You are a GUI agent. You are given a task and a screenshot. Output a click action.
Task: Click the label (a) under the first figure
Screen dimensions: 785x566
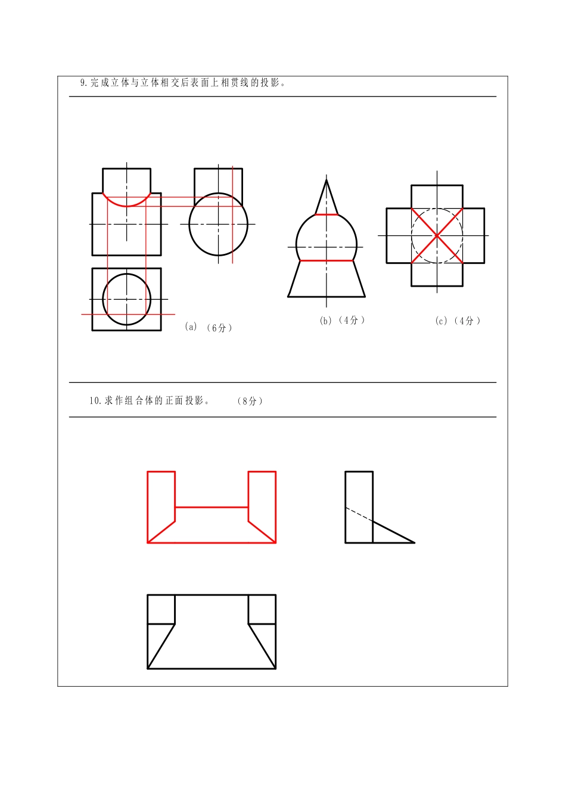pyautogui.click(x=191, y=327)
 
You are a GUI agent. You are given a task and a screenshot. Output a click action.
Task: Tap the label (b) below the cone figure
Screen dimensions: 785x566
pyautogui.click(x=325, y=321)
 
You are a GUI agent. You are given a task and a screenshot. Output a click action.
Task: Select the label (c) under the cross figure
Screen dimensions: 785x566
pyautogui.click(x=441, y=321)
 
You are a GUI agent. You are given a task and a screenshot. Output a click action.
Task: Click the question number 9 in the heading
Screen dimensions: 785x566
pyautogui.click(x=83, y=83)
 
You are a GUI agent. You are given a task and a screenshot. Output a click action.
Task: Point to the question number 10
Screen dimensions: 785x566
pyautogui.click(x=95, y=401)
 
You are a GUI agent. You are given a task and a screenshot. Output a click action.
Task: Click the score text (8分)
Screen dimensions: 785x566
pyautogui.click(x=250, y=401)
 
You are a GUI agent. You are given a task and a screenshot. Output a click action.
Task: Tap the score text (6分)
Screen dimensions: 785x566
pyautogui.click(x=219, y=328)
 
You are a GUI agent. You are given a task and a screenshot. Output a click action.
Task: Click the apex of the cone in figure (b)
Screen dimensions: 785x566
pyautogui.click(x=326, y=178)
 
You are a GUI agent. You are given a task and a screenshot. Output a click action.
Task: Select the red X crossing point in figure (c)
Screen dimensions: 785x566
pyautogui.click(x=437, y=235)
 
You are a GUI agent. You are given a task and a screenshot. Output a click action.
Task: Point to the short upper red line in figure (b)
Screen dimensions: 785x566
pyautogui.click(x=326, y=214)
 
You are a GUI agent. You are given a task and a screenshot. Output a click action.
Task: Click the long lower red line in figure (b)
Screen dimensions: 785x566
pyautogui.click(x=326, y=260)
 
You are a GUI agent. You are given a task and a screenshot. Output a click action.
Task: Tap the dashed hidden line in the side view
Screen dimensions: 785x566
pyautogui.click(x=359, y=514)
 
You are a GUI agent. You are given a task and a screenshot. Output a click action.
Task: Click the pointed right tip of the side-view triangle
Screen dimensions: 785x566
pyautogui.click(x=413, y=542)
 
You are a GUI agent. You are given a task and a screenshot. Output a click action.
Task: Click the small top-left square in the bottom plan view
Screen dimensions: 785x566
pyautogui.click(x=161, y=609)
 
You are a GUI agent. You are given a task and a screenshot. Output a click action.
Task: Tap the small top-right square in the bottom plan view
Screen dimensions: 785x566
pyautogui.click(x=262, y=609)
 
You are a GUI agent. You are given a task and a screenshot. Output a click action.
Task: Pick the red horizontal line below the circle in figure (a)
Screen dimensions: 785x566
pyautogui.click(x=128, y=314)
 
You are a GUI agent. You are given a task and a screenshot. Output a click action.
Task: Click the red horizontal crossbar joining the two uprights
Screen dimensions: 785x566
pyautogui.click(x=212, y=507)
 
